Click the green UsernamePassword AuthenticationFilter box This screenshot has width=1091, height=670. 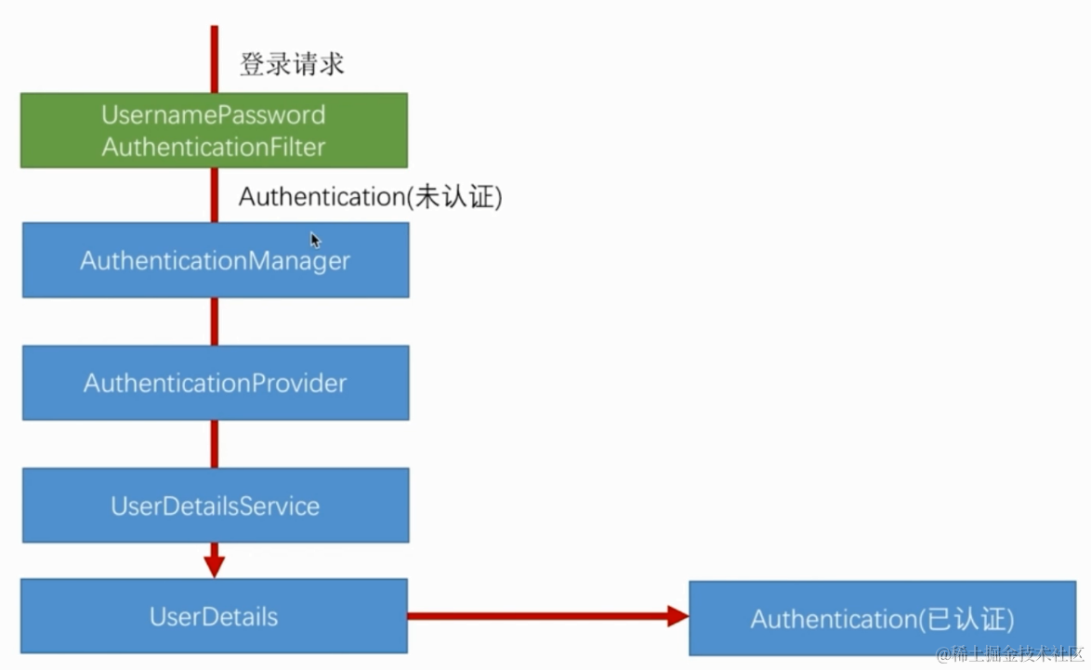click(x=214, y=130)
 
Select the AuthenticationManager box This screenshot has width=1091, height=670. click(x=215, y=260)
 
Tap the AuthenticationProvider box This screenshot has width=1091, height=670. click(x=215, y=383)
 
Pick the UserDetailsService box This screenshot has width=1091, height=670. click(x=215, y=506)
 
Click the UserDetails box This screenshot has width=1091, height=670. click(x=214, y=616)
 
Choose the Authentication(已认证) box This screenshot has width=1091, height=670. click(x=882, y=619)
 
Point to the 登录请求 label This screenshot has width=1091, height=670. click(x=292, y=64)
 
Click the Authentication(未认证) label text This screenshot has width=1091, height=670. click(x=370, y=197)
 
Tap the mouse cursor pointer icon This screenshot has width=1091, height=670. click(x=315, y=240)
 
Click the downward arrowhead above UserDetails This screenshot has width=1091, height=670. click(x=215, y=565)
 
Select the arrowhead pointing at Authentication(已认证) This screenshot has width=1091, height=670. click(x=677, y=615)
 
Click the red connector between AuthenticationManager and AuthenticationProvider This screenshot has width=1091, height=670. click(x=215, y=322)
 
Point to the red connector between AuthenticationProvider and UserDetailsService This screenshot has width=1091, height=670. click(x=215, y=444)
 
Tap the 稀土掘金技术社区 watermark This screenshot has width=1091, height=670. click(x=1010, y=654)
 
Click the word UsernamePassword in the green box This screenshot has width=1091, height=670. click(x=214, y=115)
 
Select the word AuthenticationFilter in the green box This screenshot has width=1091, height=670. click(x=214, y=147)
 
